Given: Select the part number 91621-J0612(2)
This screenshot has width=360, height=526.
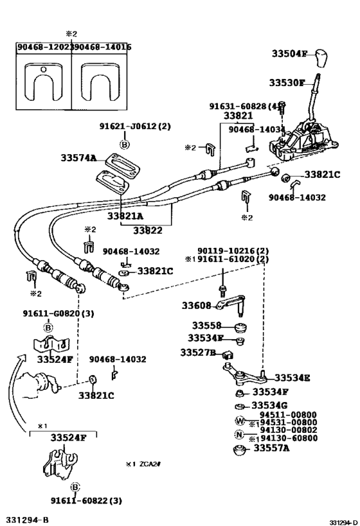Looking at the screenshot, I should [135, 127].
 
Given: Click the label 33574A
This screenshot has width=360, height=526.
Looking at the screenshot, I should [78, 157].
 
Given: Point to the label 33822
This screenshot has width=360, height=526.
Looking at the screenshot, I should [147, 229].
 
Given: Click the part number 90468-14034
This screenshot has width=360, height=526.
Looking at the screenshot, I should [262, 129].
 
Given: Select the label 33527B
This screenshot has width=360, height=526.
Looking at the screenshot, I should [197, 352].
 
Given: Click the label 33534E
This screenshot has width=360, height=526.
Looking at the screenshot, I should [292, 378].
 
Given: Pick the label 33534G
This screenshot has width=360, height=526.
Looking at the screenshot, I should [271, 405].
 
